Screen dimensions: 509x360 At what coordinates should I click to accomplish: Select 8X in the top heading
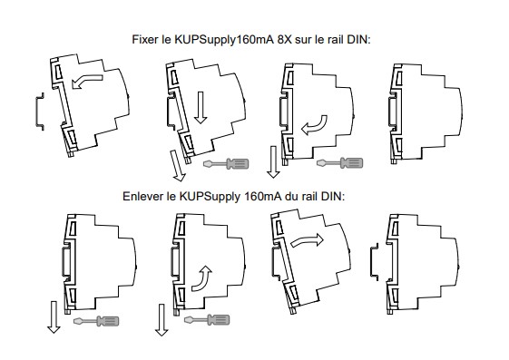285,40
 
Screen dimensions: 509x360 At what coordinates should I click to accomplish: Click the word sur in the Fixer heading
303,40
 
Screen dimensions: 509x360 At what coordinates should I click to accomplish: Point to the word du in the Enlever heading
291,196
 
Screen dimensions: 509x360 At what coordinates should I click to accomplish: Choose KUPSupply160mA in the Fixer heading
224,40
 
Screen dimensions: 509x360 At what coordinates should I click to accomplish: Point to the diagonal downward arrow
177,165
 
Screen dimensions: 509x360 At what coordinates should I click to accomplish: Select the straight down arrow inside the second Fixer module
201,108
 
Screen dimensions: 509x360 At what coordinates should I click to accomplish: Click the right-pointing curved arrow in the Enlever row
307,240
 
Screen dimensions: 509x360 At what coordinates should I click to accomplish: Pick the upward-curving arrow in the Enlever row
203,279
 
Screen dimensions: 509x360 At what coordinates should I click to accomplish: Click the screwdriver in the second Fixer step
226,164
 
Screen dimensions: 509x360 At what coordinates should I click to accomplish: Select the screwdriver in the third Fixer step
340,163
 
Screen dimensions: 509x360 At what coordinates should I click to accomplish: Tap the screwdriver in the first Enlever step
96,321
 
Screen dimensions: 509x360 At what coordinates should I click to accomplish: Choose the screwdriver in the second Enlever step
207,320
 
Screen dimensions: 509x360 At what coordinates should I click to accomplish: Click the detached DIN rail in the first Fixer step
39,112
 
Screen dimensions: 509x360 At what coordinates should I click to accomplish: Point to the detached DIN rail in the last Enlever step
375,262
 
